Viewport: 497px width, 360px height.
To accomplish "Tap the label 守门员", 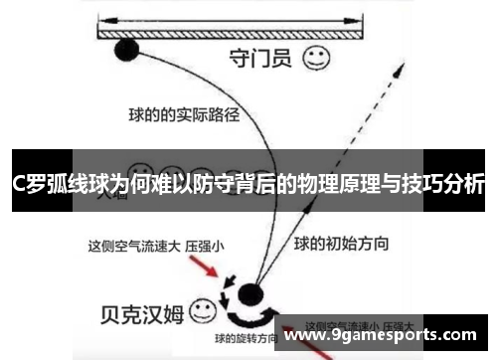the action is point(259,58).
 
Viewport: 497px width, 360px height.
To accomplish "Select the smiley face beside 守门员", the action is point(317,57).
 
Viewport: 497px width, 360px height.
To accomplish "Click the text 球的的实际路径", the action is point(184,114).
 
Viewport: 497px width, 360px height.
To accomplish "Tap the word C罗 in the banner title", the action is point(26,184).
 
